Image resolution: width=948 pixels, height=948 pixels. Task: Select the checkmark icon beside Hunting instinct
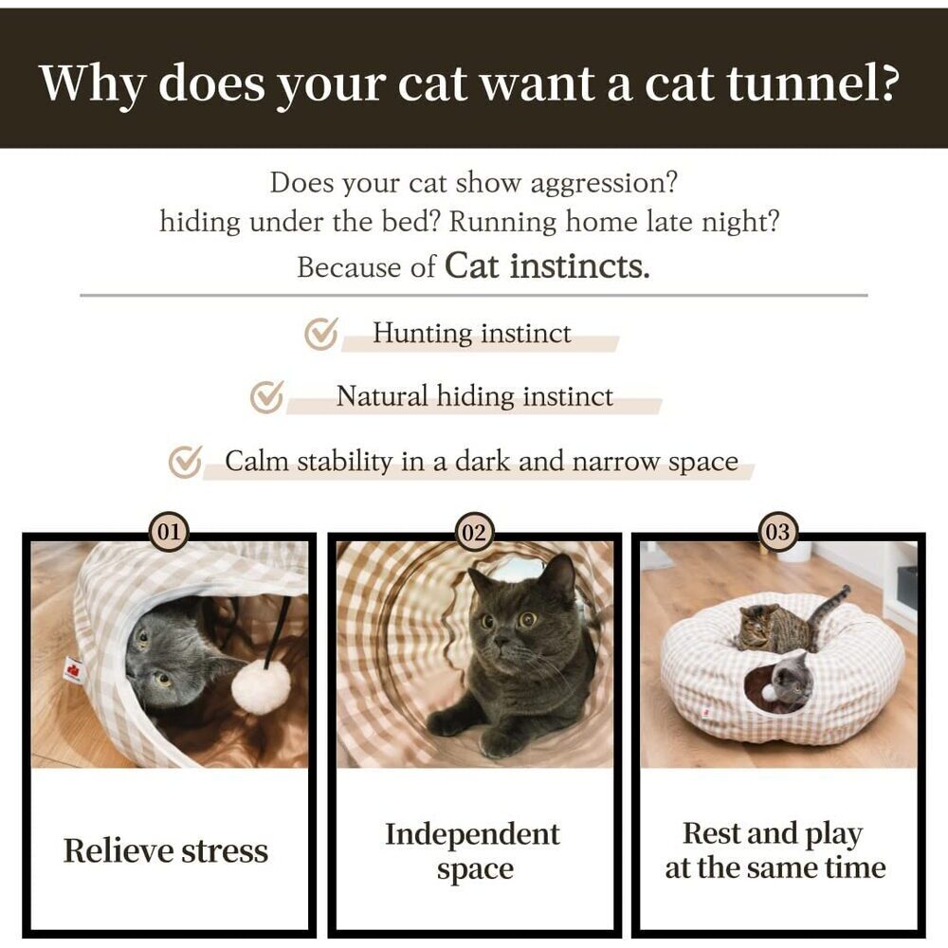click(321, 334)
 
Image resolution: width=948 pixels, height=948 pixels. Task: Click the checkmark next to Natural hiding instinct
click(267, 397)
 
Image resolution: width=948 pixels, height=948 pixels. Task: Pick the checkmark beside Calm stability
click(185, 463)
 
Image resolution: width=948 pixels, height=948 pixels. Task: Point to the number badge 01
click(169, 533)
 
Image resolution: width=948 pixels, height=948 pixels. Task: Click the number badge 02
click(473, 533)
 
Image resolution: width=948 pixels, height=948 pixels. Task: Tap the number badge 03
click(777, 533)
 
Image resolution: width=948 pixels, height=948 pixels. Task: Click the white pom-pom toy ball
click(261, 686)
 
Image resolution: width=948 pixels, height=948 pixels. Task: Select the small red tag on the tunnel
click(72, 670)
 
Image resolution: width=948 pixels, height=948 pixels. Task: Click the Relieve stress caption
click(166, 851)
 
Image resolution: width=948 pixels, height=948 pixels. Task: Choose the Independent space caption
click(472, 851)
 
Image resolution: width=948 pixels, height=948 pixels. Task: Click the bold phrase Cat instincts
click(547, 265)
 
